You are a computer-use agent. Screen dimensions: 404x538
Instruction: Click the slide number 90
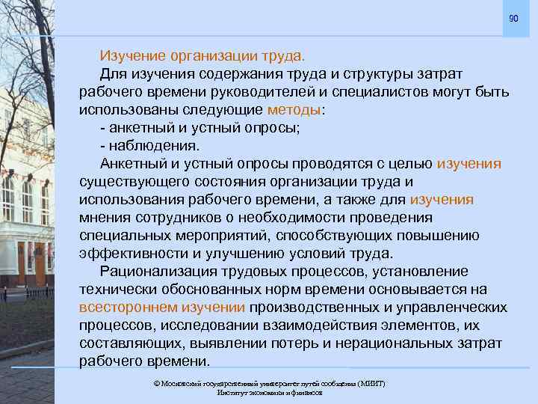point(513,18)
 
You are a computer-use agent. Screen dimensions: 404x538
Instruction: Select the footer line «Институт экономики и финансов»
point(269,392)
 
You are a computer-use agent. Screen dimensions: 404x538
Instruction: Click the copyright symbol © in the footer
point(155,383)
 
